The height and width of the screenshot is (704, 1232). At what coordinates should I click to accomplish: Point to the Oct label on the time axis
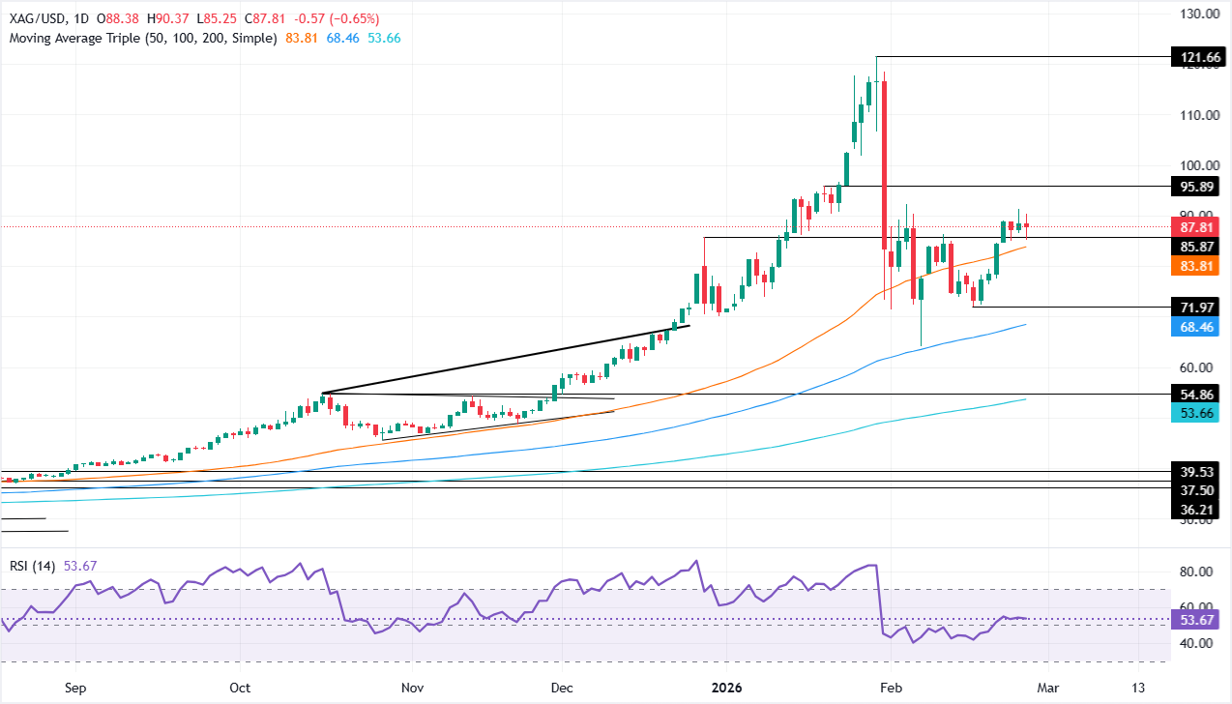click(241, 688)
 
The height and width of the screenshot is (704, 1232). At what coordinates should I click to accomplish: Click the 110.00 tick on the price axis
click(1195, 115)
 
